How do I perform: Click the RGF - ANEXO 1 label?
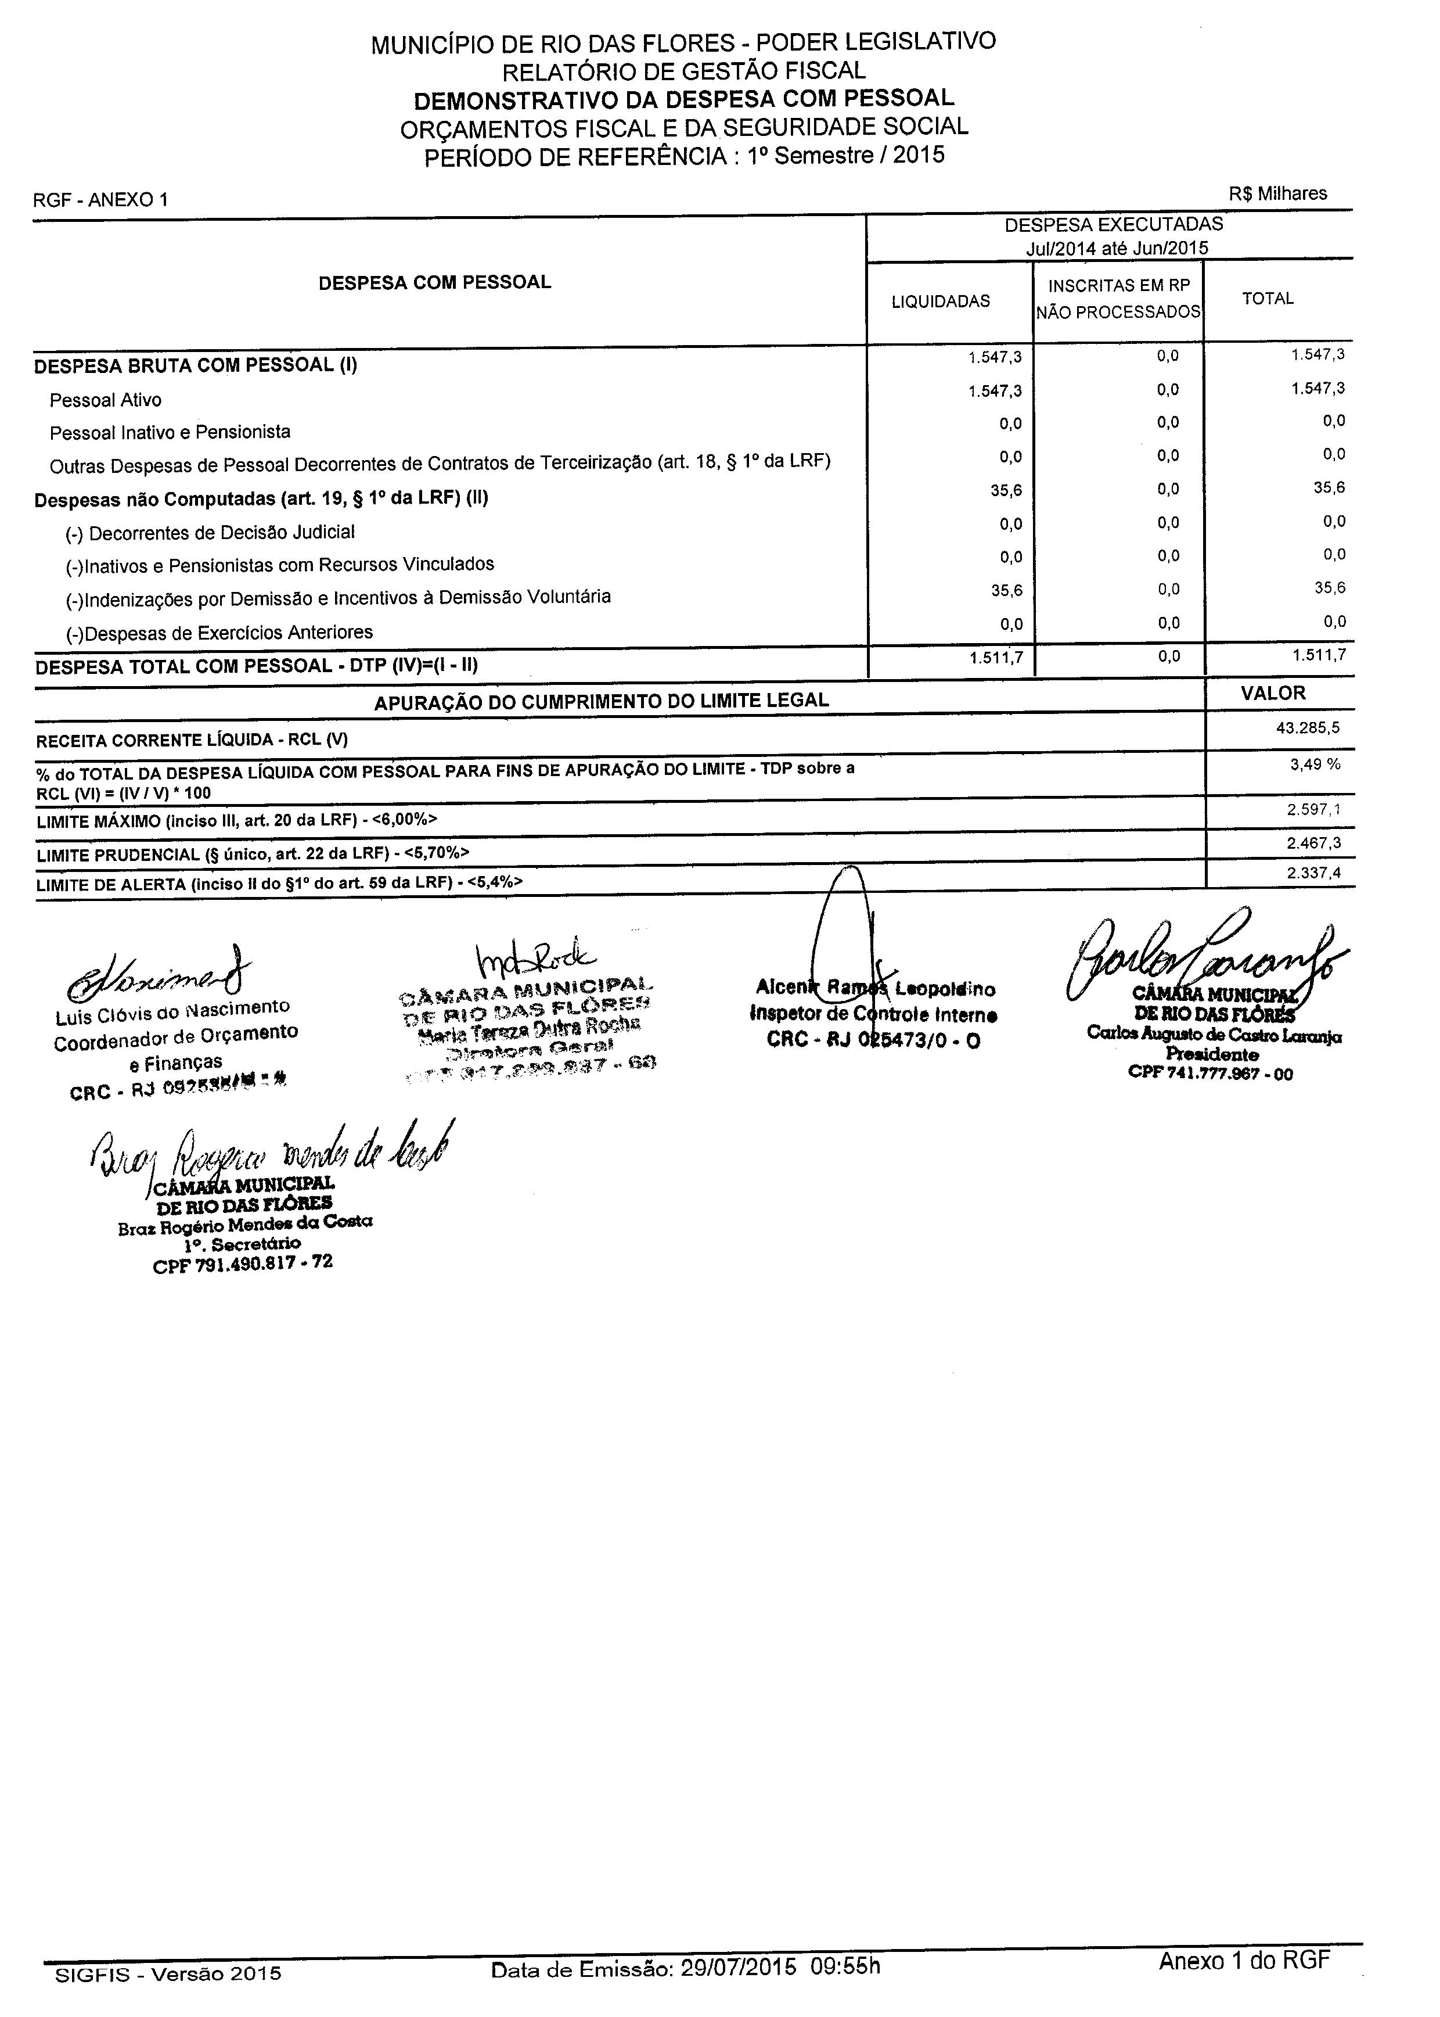pos(100,200)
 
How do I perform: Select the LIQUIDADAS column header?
pos(940,302)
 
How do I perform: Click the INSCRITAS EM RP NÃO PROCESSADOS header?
pos(1118,299)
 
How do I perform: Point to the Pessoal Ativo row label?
pos(106,400)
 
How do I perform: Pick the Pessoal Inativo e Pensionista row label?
pos(170,433)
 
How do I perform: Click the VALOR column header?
pos(1273,694)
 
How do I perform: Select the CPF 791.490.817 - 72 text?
pos(243,1263)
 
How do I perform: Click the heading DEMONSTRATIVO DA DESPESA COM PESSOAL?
pos(683,98)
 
